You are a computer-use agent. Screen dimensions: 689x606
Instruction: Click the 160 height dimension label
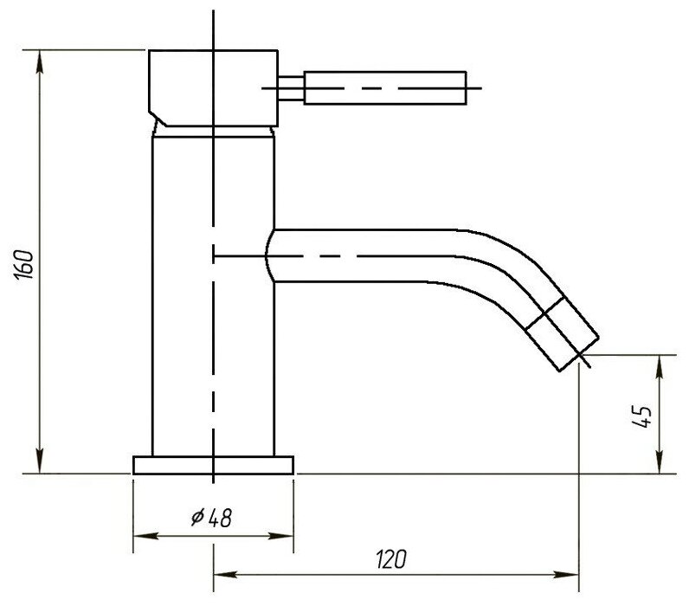pyautogui.click(x=23, y=262)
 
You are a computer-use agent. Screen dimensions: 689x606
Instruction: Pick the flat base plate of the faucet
pyautogui.click(x=213, y=465)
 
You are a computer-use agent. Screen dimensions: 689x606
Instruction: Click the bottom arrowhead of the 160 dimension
pyautogui.click(x=40, y=467)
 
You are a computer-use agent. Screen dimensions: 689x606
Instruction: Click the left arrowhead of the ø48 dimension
pyautogui.click(x=140, y=535)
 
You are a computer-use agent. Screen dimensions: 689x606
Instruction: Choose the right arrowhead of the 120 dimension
pyautogui.click(x=572, y=573)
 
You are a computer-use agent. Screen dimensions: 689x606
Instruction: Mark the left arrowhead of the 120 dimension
pyautogui.click(x=221, y=573)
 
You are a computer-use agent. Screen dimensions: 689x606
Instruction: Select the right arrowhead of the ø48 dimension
pyautogui.click(x=287, y=535)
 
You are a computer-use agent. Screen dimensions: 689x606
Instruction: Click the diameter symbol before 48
pyautogui.click(x=196, y=518)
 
